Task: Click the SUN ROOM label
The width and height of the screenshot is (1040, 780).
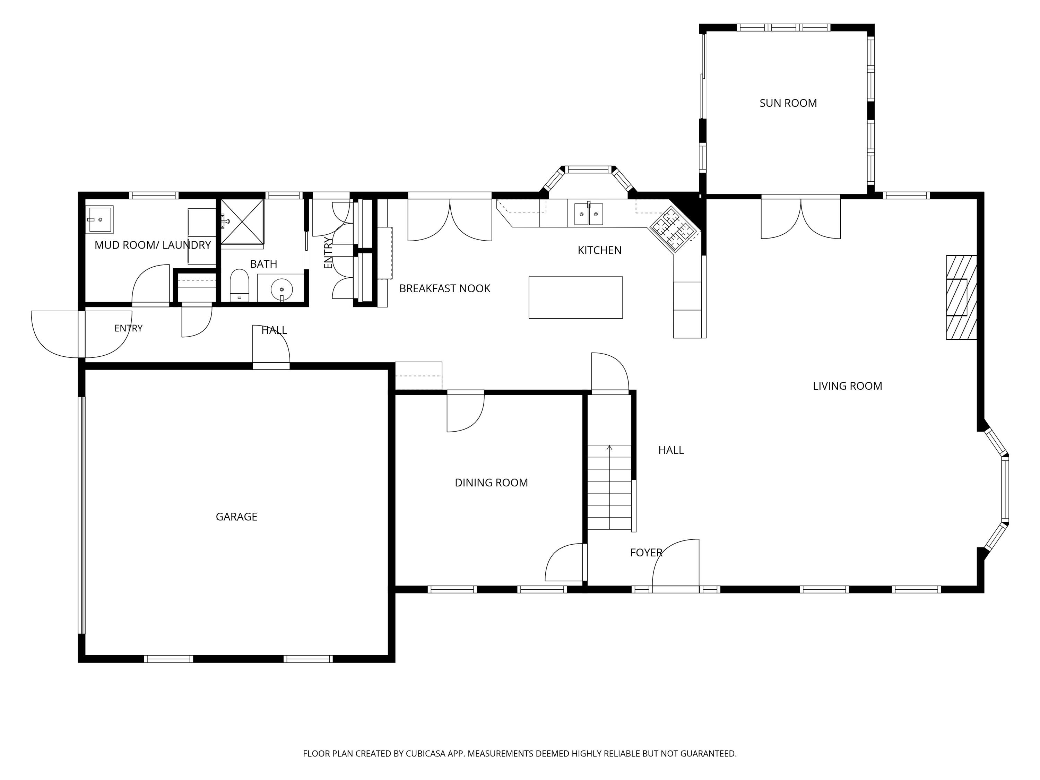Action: (788, 103)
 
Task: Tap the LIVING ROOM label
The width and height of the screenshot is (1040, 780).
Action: (847, 386)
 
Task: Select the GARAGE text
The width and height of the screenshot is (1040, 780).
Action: (236, 517)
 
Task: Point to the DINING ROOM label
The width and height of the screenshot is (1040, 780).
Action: (491, 483)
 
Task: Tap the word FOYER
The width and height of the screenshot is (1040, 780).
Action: (647, 553)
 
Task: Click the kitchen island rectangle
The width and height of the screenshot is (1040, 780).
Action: (575, 297)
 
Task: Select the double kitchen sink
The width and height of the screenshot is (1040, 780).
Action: (589, 214)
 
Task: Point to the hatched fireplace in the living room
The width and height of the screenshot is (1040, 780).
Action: (962, 297)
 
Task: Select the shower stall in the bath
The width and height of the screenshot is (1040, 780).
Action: (242, 222)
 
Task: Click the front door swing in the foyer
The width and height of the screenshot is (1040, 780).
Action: (676, 563)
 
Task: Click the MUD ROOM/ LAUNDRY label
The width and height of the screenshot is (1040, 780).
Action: (153, 245)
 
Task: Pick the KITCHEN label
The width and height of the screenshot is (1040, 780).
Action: (599, 250)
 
